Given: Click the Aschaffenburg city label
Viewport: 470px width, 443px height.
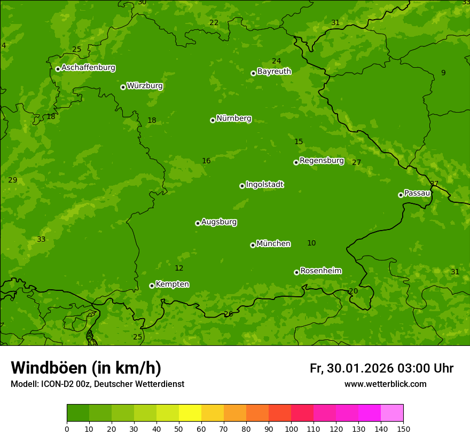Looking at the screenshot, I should pos(88,68).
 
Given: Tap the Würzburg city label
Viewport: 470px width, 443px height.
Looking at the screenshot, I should pos(145,86).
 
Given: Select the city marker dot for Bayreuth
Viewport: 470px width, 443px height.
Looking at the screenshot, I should pos(253,73).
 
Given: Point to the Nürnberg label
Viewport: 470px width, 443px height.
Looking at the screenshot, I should pos(233,118).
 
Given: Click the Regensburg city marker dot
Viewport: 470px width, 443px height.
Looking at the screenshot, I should pos(296,162).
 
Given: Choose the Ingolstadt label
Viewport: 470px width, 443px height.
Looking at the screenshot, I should pos(264,185).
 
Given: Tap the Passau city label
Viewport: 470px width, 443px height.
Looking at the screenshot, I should pos(417,193).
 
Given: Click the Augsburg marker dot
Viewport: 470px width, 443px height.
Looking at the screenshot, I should pos(198,223).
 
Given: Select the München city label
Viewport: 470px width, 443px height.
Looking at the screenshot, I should pos(273,244).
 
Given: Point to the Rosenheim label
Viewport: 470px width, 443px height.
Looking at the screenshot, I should pos(320,271).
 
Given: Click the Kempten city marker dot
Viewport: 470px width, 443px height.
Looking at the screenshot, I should pos(152,286).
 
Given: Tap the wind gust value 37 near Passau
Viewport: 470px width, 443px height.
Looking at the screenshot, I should pos(434,184).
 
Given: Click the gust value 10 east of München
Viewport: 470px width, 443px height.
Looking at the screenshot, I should pos(311,243).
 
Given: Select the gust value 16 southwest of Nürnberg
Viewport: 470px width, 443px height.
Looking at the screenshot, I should pos(206,161).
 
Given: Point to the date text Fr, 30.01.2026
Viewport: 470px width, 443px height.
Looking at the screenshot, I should pos(351,368).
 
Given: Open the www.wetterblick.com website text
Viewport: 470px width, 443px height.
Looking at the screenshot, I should pos(385,384).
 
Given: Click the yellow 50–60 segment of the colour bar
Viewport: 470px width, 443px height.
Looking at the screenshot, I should pos(190,413).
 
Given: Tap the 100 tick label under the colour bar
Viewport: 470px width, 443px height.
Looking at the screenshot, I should pos(291,429).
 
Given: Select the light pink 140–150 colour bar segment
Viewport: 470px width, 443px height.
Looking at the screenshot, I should pos(392,413).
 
